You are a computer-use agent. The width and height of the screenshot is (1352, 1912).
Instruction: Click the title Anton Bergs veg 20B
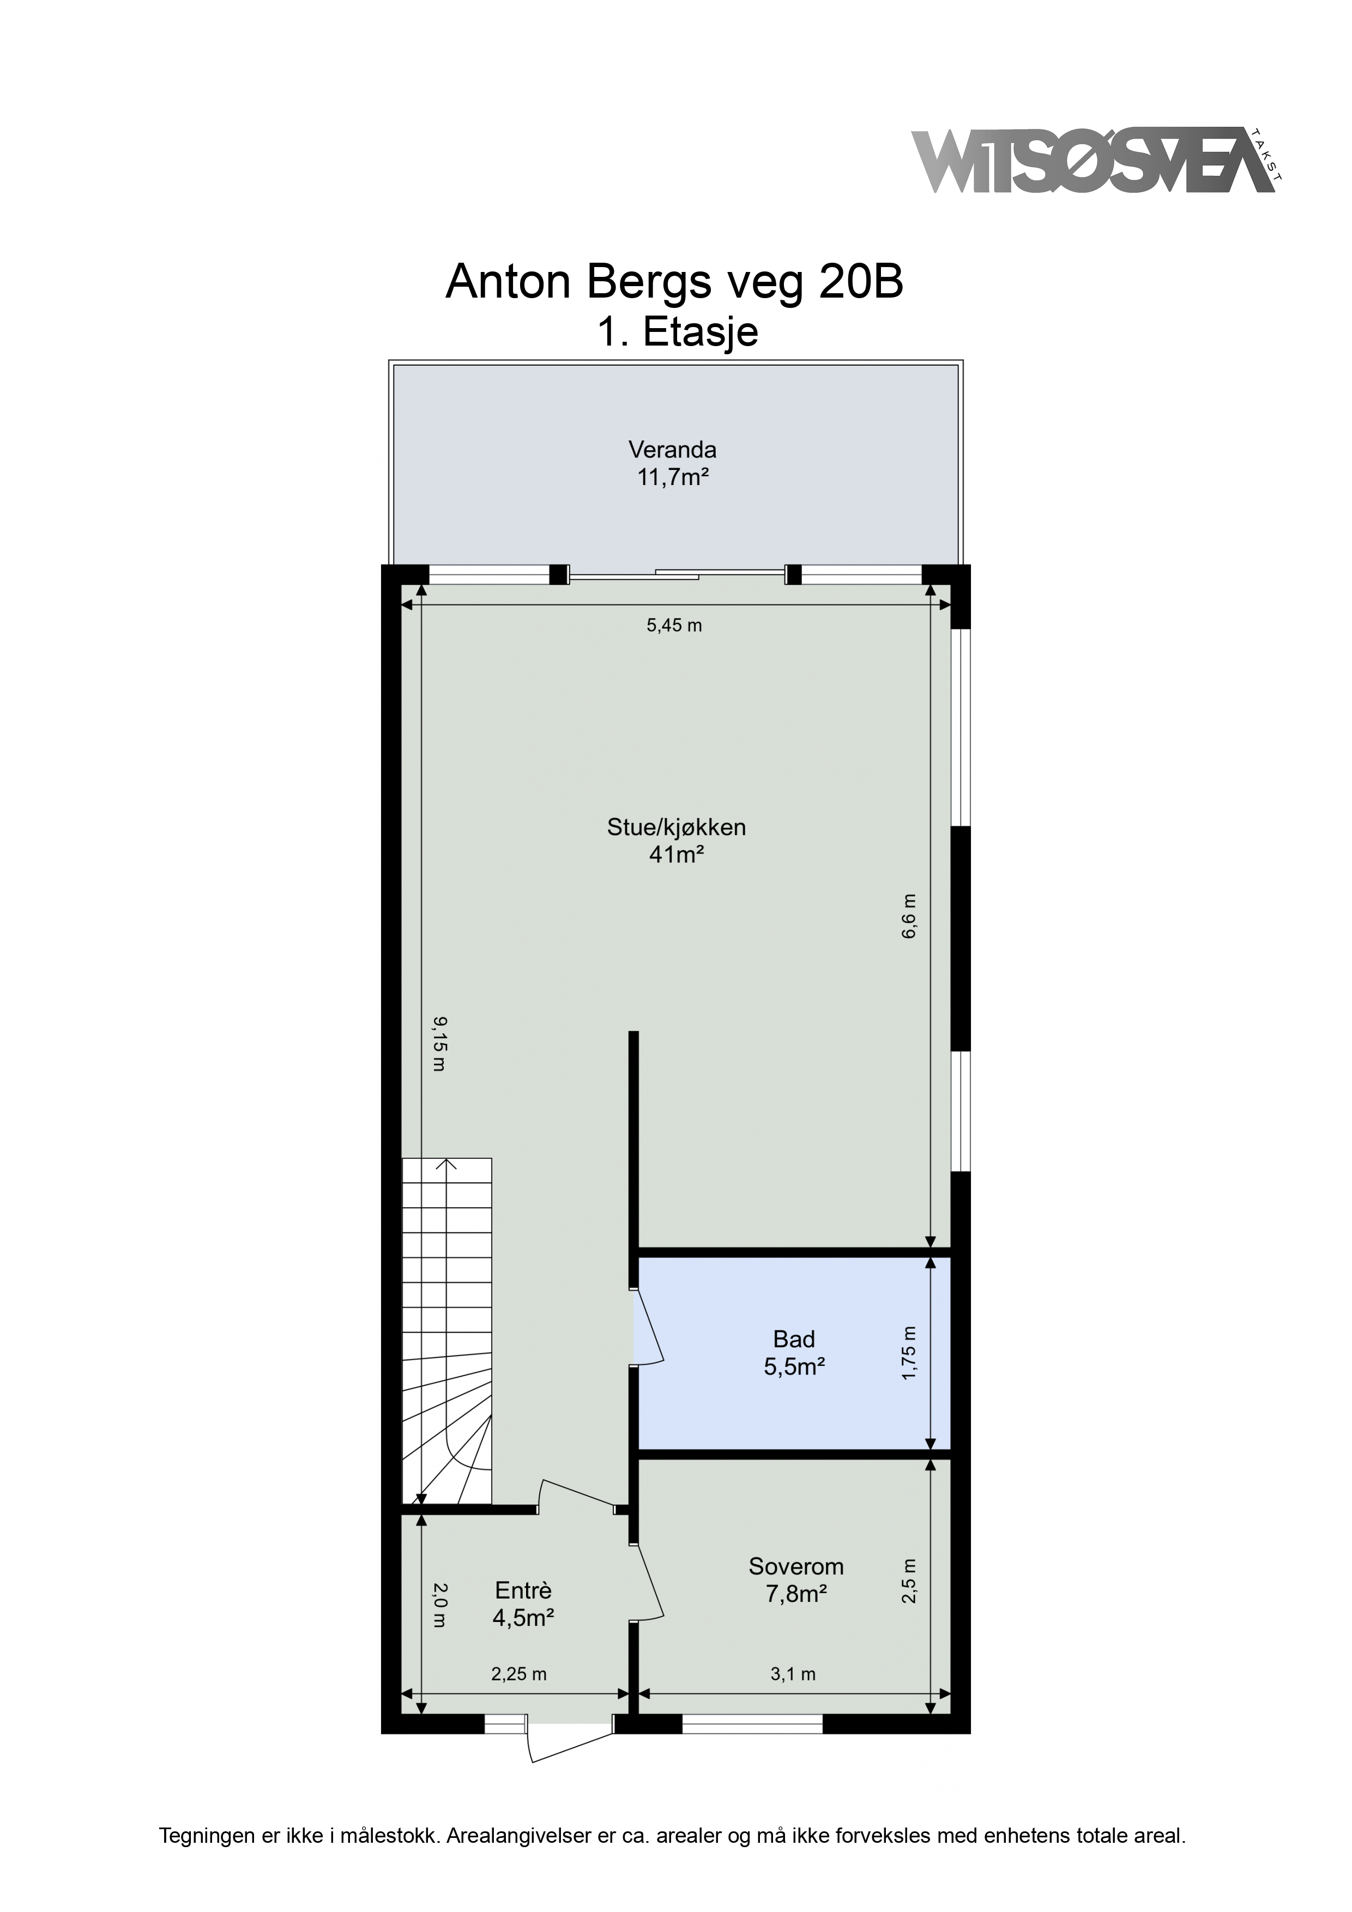pyautogui.click(x=675, y=282)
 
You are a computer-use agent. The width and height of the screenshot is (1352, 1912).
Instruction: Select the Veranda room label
pyautogui.click(x=672, y=451)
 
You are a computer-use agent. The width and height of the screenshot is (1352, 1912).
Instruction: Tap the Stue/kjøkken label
pyautogui.click(x=677, y=828)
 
